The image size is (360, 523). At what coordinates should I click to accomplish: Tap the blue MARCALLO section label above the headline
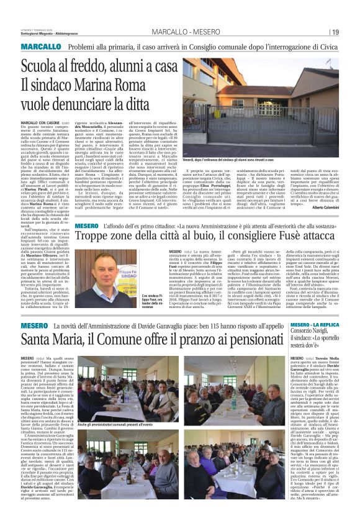[41, 47]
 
